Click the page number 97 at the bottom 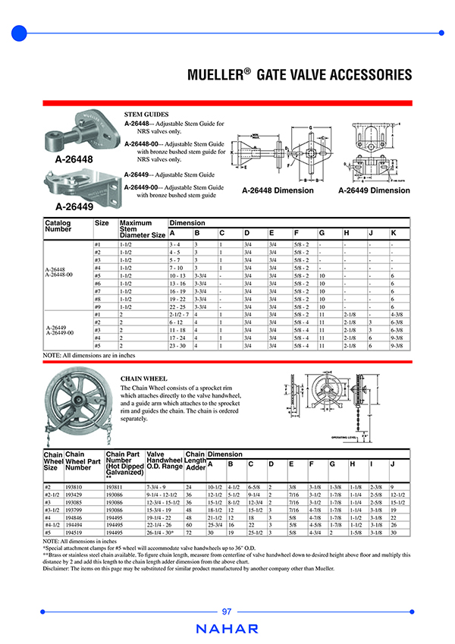(x=227, y=612)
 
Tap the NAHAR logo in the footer (x=227, y=629)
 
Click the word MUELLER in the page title (x=218, y=74)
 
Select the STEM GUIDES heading (x=146, y=114)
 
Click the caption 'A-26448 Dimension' (x=278, y=190)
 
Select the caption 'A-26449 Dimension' (x=374, y=190)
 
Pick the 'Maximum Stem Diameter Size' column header (x=142, y=229)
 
